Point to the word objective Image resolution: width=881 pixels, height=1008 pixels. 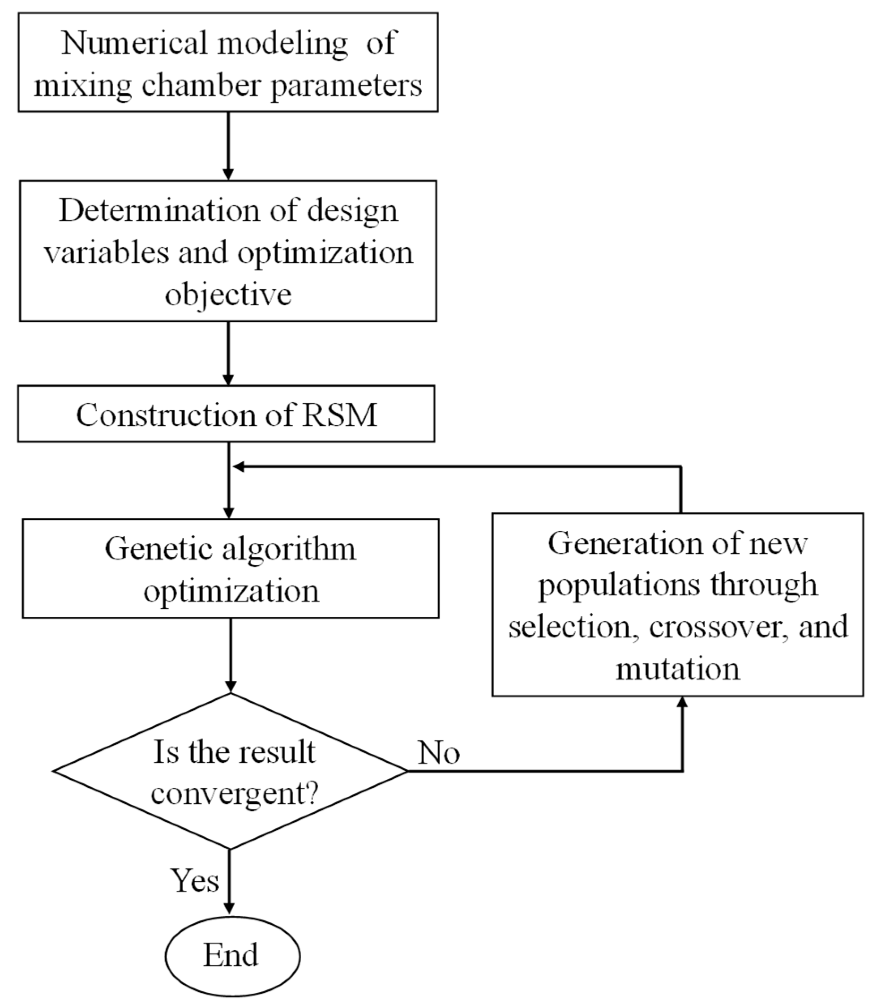click(x=228, y=295)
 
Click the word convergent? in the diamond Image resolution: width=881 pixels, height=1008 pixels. click(x=235, y=793)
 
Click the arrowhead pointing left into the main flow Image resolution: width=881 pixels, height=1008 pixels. click(x=239, y=466)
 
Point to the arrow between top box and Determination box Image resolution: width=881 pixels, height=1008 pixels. click(x=228, y=145)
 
